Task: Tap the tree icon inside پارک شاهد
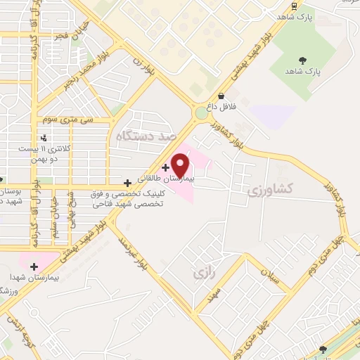click(303, 60)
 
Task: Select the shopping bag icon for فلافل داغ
click(221, 96)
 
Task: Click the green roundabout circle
click(202, 112)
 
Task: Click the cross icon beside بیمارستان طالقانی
click(165, 167)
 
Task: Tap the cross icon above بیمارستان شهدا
click(33, 266)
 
